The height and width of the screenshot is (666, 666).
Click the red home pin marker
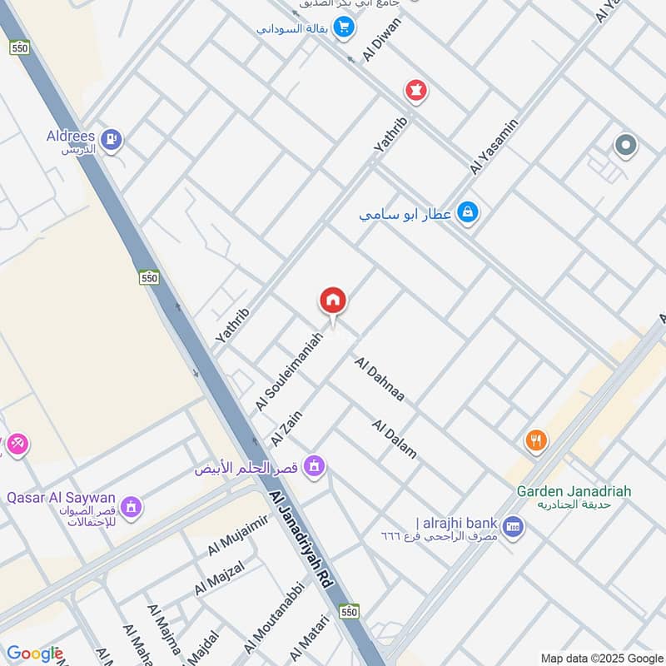coord(333,301)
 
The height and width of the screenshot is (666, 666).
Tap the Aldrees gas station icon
coord(113,139)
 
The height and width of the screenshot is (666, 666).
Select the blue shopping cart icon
coord(342,27)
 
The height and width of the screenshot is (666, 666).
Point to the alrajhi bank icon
coord(513,525)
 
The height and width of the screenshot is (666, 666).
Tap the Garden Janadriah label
coord(574,491)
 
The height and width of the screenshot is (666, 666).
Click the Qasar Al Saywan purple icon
coord(130,505)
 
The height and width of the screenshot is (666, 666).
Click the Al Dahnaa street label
coord(380,380)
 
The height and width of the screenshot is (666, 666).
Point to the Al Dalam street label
coord(395,439)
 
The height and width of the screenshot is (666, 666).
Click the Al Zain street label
coord(286,427)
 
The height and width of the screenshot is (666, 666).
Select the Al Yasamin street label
coord(494,147)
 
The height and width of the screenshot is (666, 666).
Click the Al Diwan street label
coord(382,38)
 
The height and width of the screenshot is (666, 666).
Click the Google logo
coord(35,654)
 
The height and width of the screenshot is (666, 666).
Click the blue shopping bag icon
coord(467,213)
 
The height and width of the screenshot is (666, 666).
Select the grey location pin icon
coord(625,147)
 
